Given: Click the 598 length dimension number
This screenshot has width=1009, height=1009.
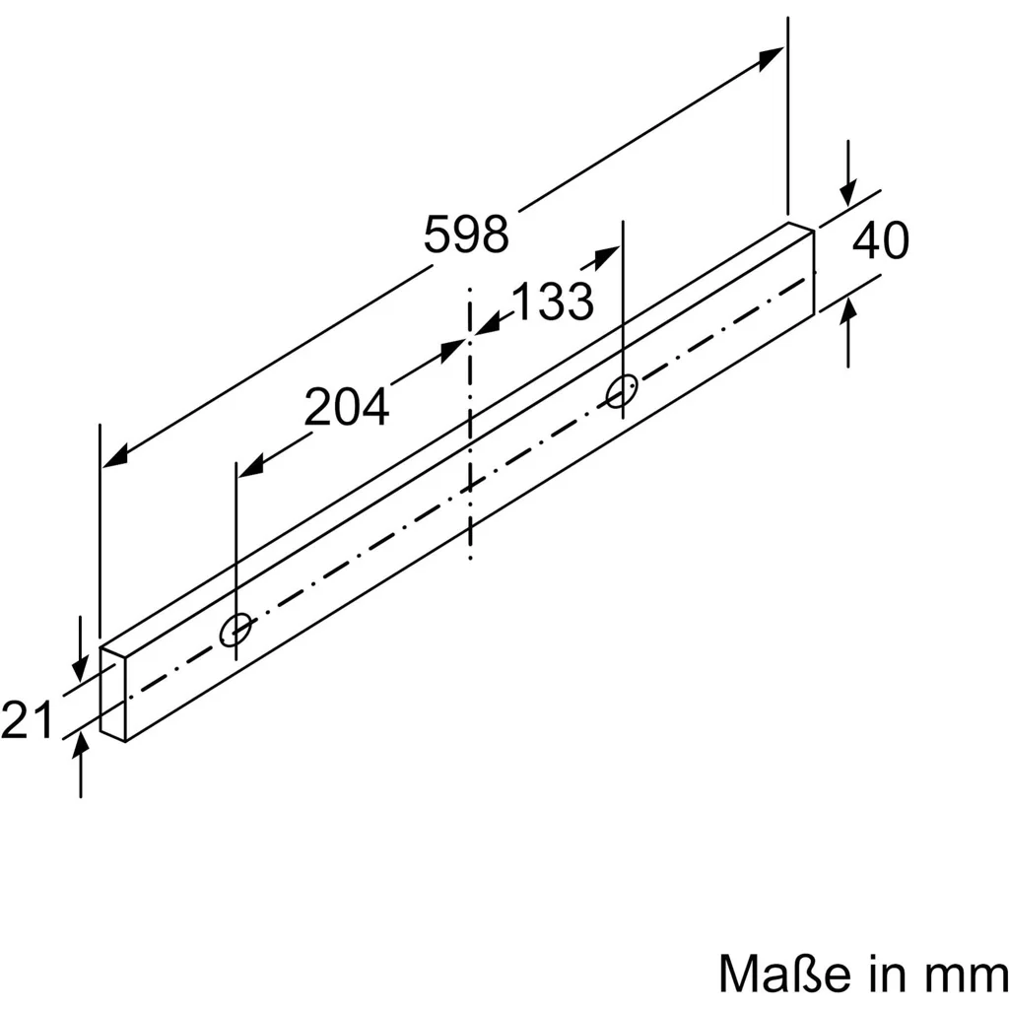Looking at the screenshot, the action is point(466,235).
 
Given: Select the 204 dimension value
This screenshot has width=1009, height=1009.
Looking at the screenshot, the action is point(346,407).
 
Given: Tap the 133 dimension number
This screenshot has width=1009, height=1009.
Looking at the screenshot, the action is point(552,302).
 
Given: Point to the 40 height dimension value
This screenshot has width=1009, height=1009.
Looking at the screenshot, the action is point(880,240).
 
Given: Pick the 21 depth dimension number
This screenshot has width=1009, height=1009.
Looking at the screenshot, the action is point(27,719).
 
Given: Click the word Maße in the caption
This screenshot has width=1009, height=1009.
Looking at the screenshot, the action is point(787,974).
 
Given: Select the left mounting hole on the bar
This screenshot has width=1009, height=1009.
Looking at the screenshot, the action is point(235,630).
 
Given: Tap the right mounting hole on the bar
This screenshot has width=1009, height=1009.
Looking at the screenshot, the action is point(622,390).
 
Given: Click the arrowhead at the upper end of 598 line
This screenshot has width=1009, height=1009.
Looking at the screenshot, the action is point(771,58).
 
